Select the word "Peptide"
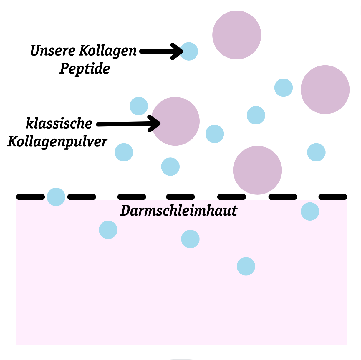(x=85, y=69)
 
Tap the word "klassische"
(x=59, y=124)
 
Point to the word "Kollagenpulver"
(x=57, y=142)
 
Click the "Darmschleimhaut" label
(x=179, y=211)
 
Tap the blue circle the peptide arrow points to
(x=189, y=51)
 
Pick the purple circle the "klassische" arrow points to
(x=175, y=121)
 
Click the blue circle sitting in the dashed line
(x=56, y=197)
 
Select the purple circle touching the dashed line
(x=257, y=170)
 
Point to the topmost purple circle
(x=237, y=35)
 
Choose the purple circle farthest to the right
(x=325, y=89)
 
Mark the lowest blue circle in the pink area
(x=246, y=266)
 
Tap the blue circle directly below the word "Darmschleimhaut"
(x=190, y=239)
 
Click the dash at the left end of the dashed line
(x=30, y=197)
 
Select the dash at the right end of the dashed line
(x=333, y=197)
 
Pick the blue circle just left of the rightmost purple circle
(x=284, y=88)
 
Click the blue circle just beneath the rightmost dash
(x=310, y=211)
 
